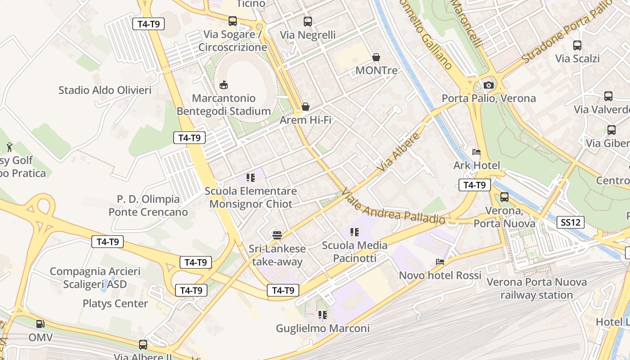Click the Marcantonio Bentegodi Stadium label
tap(224, 105)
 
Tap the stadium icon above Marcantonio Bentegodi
tap(224, 85)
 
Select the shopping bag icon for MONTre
tap(376, 57)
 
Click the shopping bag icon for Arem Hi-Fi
tap(306, 107)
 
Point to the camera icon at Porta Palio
tap(488, 85)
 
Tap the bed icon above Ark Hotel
tap(477, 152)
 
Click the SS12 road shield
tap(571, 222)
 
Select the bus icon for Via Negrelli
tap(308, 21)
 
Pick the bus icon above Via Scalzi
tap(577, 45)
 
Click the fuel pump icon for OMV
tap(40, 324)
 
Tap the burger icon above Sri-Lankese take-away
tap(277, 235)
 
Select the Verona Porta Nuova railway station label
tap(536, 288)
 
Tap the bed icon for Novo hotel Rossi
tap(440, 262)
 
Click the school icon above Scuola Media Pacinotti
tap(355, 232)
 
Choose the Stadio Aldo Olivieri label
tap(105, 90)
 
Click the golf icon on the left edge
tap(9, 147)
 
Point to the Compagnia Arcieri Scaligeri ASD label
tap(95, 278)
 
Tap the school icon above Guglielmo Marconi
tap(323, 315)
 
